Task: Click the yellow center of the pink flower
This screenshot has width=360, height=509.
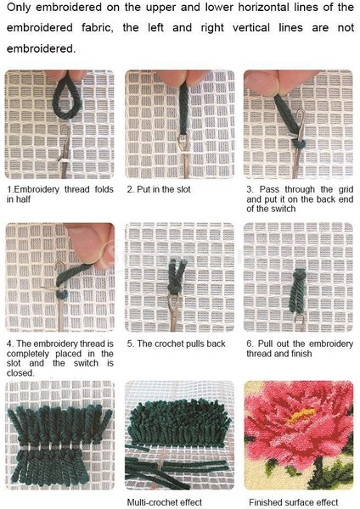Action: coord(301,415)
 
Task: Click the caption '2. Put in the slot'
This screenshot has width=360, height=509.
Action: coord(159,189)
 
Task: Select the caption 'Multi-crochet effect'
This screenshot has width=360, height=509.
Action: coord(165,502)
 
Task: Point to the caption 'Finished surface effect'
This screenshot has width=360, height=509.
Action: coord(294,502)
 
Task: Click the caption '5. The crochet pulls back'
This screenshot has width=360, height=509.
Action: coord(176,344)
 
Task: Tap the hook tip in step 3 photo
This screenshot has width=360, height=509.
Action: coord(302,113)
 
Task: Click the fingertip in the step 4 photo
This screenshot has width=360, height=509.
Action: coord(89,244)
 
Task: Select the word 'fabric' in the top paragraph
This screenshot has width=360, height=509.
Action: coord(97,28)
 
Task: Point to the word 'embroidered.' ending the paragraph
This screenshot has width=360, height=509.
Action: coord(41,48)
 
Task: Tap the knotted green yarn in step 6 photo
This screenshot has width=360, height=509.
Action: coord(298,290)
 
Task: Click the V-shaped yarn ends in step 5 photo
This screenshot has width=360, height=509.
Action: coord(177,270)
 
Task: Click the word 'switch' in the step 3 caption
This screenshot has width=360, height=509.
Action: coord(283,209)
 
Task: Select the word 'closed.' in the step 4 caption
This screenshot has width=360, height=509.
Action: coord(20,373)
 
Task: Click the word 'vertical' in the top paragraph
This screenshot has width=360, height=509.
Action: coord(251,28)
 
